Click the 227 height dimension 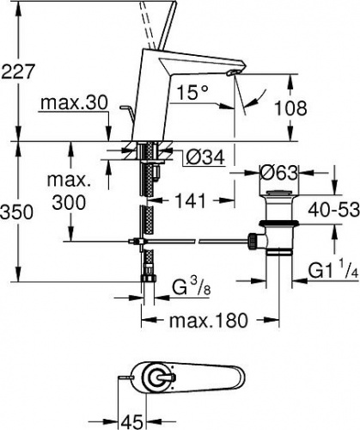(x=18, y=71)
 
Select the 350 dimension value (x=17, y=212)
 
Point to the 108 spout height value (x=290, y=108)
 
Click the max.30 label (x=74, y=102)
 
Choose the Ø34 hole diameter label (x=205, y=157)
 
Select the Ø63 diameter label (x=278, y=173)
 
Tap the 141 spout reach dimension (x=190, y=200)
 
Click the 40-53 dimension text (x=334, y=210)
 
